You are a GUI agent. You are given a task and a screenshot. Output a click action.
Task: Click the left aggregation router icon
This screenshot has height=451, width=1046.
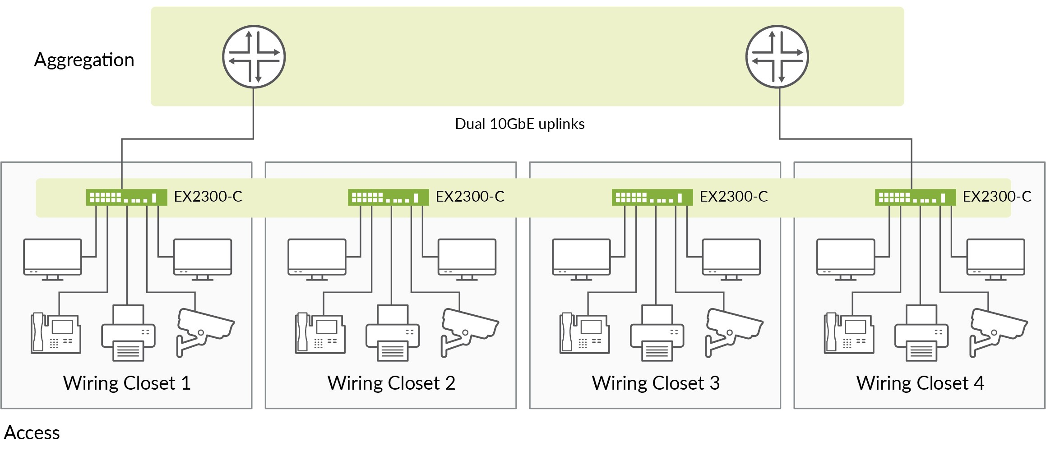point(254,57)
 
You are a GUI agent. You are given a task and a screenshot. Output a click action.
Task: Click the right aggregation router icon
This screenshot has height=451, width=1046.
point(777,57)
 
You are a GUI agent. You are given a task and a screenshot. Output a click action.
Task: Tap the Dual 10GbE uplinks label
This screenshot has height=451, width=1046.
point(519,124)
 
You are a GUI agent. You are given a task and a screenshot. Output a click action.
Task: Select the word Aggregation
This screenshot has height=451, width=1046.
point(84,60)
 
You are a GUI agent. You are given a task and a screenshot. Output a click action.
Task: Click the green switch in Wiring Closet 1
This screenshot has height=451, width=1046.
point(126,198)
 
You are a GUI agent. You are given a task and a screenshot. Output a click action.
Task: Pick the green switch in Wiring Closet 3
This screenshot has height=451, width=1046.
point(652,198)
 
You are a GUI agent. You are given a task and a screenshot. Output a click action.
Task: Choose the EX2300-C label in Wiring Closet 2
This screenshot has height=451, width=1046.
point(470,197)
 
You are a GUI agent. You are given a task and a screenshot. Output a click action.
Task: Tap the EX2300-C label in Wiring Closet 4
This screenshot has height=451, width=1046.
point(997,197)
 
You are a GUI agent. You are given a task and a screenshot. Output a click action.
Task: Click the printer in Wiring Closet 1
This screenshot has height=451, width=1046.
point(129,334)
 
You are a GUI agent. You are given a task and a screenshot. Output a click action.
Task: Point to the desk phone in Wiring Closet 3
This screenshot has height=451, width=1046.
point(584,334)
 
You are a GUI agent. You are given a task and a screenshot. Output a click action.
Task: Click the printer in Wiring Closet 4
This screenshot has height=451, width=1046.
point(921,334)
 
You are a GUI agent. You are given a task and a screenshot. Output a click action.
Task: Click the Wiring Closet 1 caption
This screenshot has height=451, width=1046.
point(127,383)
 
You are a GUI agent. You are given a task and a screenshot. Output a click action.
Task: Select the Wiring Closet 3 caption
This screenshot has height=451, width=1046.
point(656,383)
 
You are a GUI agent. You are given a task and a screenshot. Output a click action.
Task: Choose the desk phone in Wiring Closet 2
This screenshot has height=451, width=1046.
point(320,334)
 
